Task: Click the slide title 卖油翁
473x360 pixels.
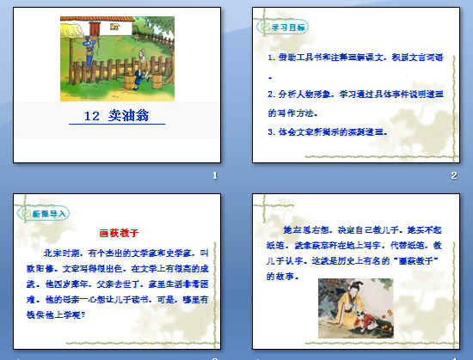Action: click(127, 116)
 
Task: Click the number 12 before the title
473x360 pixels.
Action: click(96, 116)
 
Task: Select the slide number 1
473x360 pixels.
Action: click(215, 175)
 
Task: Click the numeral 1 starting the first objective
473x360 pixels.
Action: click(270, 57)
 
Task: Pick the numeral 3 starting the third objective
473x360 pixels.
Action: click(270, 132)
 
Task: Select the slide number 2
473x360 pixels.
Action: click(453, 175)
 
